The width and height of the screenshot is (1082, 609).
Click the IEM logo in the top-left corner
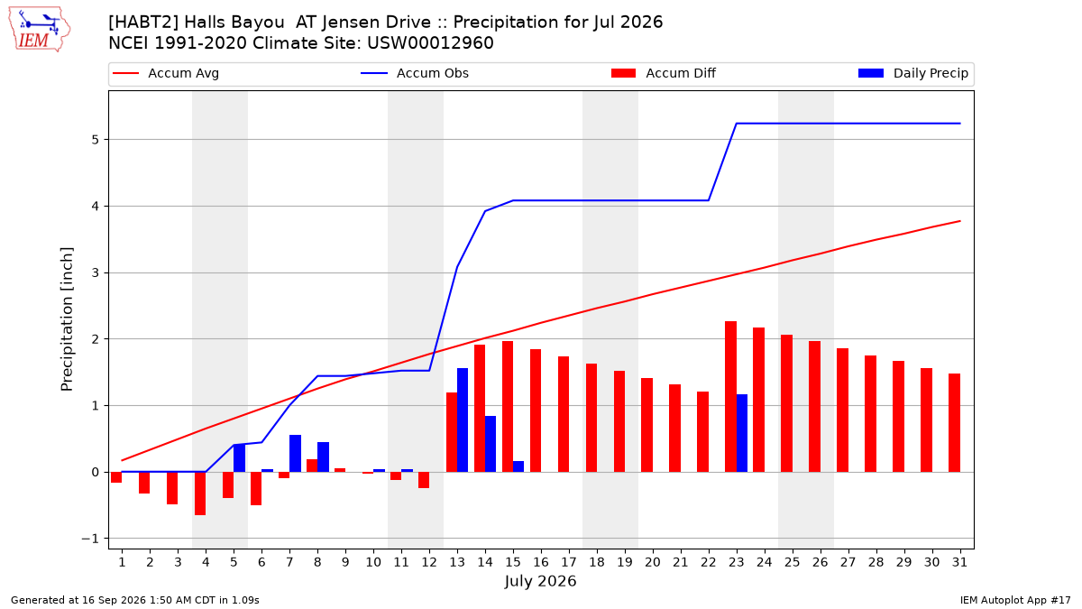pyautogui.click(x=40, y=30)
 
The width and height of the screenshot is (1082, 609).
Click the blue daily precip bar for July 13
pyautogui.click(x=463, y=420)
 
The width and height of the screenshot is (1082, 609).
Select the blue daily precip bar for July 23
pyautogui.click(x=742, y=433)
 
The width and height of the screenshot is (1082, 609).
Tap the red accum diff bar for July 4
pyautogui.click(x=200, y=494)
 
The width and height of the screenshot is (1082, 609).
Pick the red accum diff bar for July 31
pyautogui.click(x=954, y=423)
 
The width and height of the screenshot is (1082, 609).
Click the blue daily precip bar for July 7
pyautogui.click(x=295, y=453)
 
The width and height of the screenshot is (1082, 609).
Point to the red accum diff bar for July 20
pyautogui.click(x=646, y=425)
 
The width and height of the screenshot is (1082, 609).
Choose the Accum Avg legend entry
pyautogui.click(x=166, y=73)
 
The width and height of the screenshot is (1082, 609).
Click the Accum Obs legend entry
pyautogui.click(x=415, y=73)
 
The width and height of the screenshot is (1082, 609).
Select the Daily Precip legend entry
pyautogui.click(x=913, y=73)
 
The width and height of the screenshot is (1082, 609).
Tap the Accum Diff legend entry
pyautogui.click(x=664, y=73)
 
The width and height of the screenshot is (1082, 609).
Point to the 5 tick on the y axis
pyautogui.click(x=95, y=140)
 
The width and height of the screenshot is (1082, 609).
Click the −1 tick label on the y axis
pyautogui.click(x=89, y=539)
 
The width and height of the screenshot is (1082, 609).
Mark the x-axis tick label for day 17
pyautogui.click(x=569, y=562)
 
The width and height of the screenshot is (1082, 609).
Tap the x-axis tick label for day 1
pyautogui.click(x=122, y=562)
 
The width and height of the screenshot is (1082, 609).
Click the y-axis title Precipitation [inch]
pyautogui.click(x=67, y=319)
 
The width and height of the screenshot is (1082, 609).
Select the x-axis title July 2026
pyautogui.click(x=540, y=581)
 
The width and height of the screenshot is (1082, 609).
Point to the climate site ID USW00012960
pyautogui.click(x=430, y=43)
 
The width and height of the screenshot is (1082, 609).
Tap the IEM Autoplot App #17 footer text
pyautogui.click(x=1015, y=600)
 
